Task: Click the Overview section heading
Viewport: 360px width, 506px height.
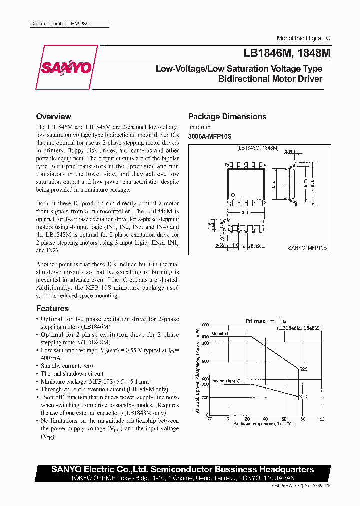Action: [x=54, y=116]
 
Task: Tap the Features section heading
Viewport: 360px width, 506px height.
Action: [x=52, y=308]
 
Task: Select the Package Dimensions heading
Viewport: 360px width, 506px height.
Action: [x=227, y=116]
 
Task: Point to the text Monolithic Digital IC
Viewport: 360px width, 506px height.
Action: [x=303, y=38]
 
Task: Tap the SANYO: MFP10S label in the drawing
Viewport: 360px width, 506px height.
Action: [x=307, y=248]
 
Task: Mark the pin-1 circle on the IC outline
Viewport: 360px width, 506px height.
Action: [x=231, y=193]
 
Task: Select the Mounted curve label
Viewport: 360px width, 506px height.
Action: [x=219, y=334]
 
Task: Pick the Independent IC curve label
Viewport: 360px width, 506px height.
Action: [x=225, y=381]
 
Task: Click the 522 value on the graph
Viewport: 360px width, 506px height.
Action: [x=303, y=369]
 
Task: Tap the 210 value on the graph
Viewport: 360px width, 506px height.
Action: [x=303, y=396]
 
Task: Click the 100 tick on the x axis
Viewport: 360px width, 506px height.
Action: [x=320, y=419]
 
